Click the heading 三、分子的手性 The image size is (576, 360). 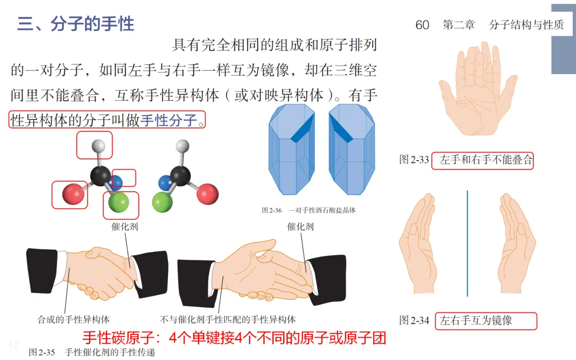click(x=76, y=24)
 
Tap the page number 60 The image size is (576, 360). click(x=422, y=25)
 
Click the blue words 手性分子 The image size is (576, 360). click(x=169, y=120)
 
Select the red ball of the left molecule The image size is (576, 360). click(x=73, y=194)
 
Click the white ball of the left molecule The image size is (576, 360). click(x=98, y=146)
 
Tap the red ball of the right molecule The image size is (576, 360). click(x=207, y=194)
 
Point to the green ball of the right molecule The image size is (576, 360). click(x=162, y=202)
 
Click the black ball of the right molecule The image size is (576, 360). click(x=180, y=175)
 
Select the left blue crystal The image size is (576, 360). click(x=292, y=149)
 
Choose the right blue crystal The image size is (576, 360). click(x=352, y=149)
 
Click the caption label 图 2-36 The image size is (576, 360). click(x=272, y=211)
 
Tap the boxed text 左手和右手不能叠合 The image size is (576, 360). click(x=486, y=160)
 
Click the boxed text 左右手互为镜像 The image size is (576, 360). click(x=476, y=321)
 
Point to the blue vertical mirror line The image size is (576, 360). click(x=467, y=243)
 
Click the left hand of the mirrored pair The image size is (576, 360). click(x=419, y=244)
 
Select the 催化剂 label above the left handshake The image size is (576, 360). click(x=124, y=227)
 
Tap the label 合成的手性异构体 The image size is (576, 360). click(x=74, y=319)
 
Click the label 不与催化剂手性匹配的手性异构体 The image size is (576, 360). click(x=228, y=319)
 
